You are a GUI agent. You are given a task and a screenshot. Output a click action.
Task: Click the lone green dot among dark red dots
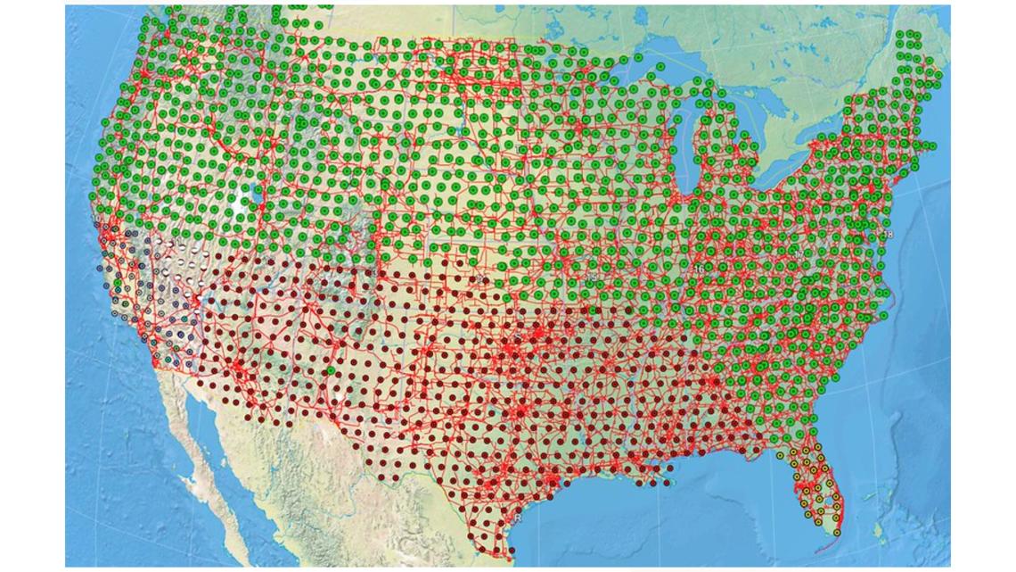tap(331, 369)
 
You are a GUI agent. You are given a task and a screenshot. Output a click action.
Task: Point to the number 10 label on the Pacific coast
tap(96, 219)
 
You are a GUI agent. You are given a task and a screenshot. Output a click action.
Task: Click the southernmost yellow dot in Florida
tap(837, 533)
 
